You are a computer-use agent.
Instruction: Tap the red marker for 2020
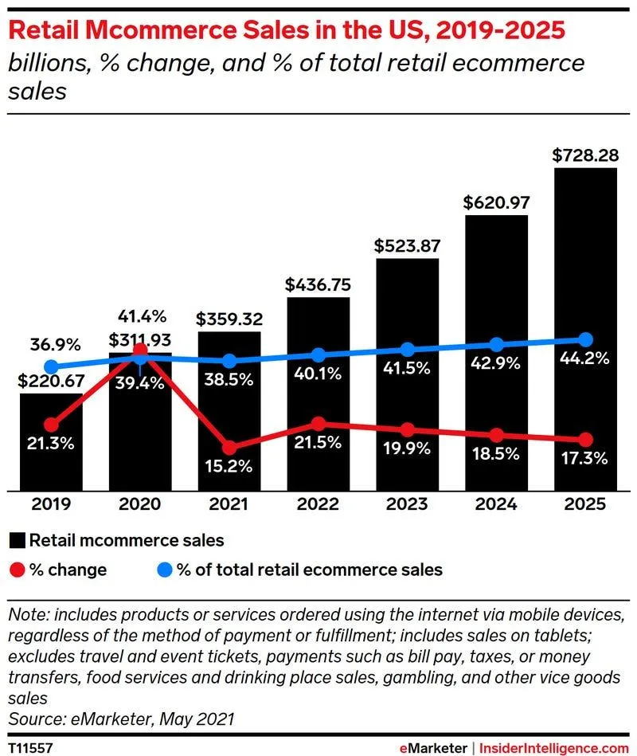[140, 351]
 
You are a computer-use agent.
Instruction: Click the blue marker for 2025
[585, 339]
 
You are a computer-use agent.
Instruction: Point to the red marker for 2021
[229, 449]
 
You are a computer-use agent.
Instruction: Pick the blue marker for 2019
[51, 367]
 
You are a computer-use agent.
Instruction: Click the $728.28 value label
[585, 155]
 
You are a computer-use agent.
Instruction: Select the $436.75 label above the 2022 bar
[318, 284]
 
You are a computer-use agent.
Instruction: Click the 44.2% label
[585, 358]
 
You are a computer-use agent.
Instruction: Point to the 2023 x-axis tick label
[407, 504]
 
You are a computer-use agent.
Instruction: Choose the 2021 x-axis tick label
[229, 504]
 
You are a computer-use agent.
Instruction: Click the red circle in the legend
[17, 570]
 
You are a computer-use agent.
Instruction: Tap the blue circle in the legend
[162, 570]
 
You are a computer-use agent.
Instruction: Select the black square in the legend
[17, 541]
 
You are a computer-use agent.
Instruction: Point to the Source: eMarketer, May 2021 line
[120, 719]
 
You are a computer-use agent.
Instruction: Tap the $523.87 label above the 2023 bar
[407, 245]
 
